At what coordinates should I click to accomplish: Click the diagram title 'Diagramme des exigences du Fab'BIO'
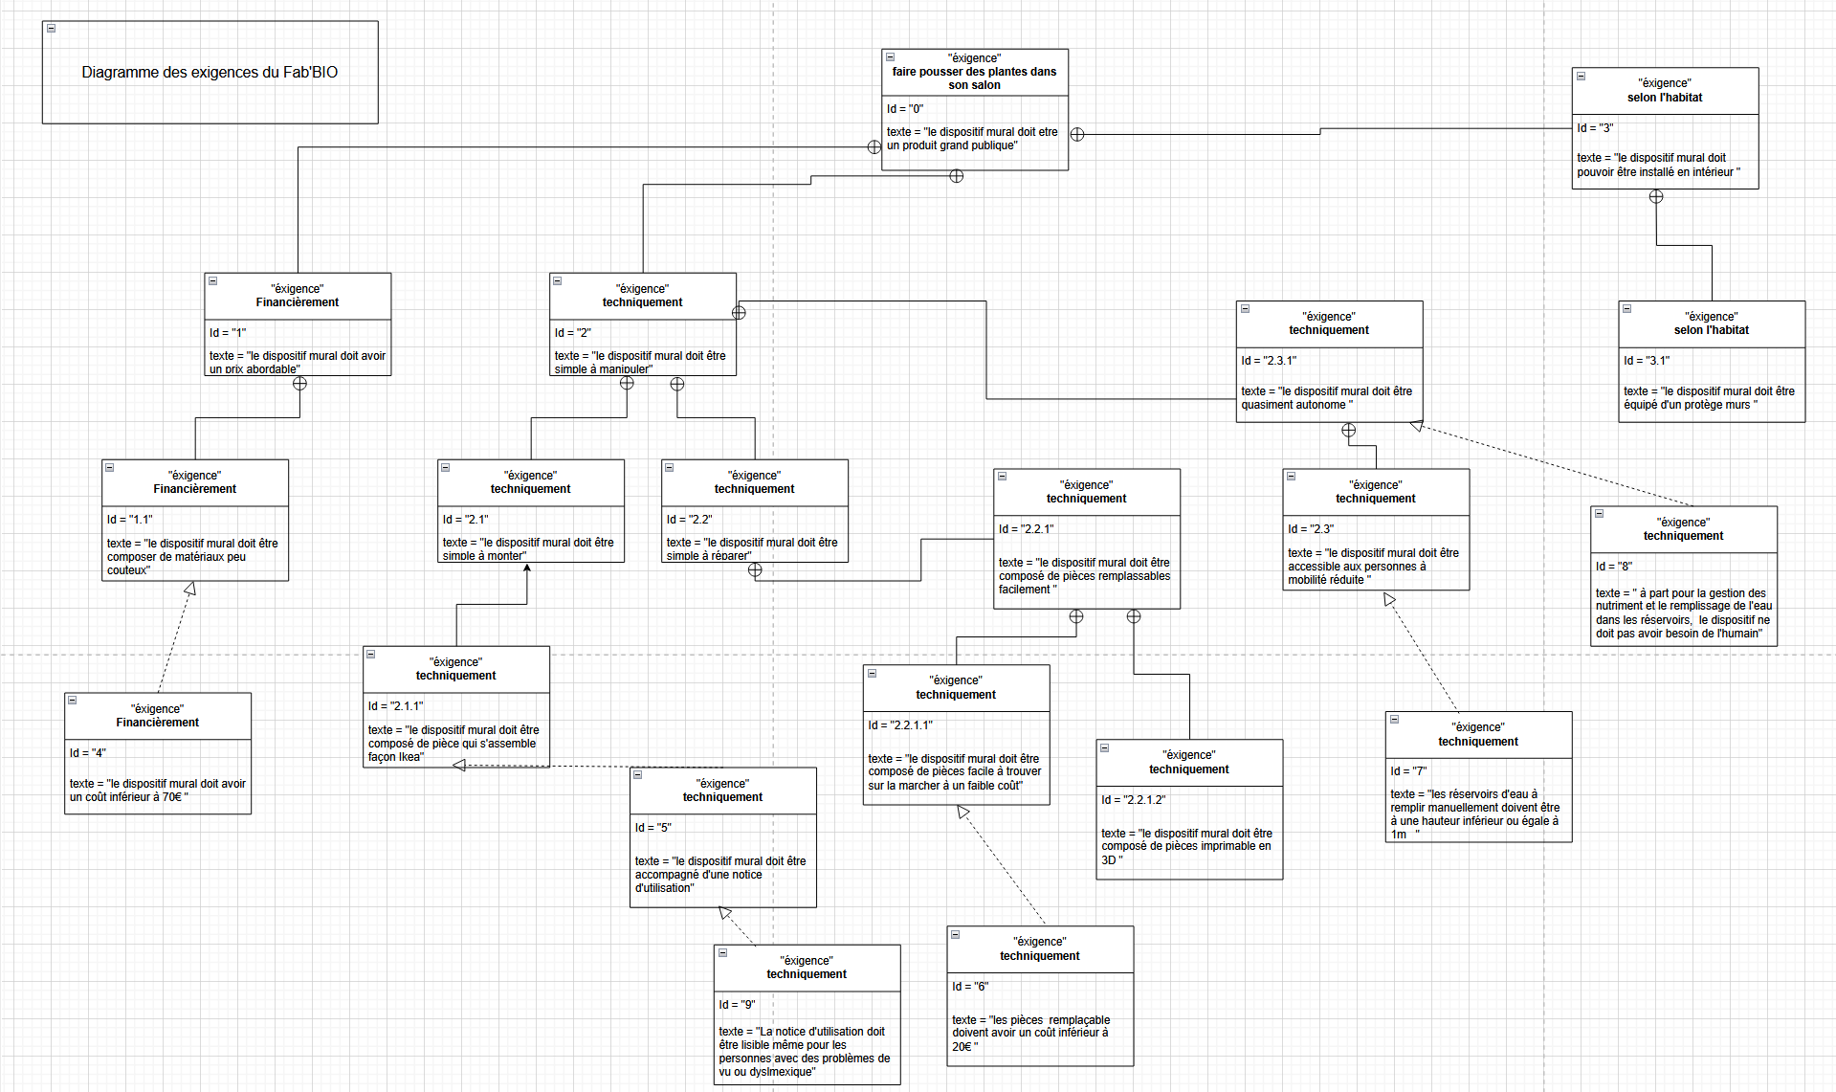(210, 73)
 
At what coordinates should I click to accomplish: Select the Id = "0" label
(904, 109)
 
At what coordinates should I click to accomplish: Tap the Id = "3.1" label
(1646, 361)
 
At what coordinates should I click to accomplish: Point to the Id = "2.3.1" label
(1268, 361)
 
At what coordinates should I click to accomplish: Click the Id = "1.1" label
(129, 520)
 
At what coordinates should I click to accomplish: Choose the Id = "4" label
(87, 753)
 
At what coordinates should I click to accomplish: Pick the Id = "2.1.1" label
(395, 706)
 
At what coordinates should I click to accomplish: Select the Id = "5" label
(653, 828)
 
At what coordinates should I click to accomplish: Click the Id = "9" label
(737, 1005)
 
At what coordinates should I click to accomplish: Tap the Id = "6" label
(969, 987)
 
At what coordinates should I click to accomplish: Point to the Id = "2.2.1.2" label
(1133, 800)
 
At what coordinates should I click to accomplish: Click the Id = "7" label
(1408, 771)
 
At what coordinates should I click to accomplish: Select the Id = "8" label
(1613, 567)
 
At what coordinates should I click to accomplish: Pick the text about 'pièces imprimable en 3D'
(1186, 846)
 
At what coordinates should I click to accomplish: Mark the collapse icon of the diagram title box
(52, 29)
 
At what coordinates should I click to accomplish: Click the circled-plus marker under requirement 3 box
(1656, 197)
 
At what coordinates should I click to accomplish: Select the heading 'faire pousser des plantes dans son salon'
(974, 78)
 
